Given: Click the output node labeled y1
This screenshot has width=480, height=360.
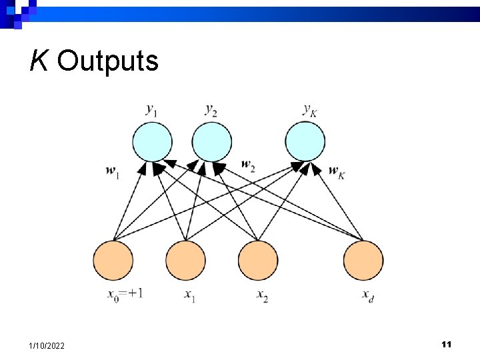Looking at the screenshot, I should tap(152, 142).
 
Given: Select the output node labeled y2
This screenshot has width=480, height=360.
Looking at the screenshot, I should tap(212, 142).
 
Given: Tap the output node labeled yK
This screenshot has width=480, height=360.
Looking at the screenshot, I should tap(305, 142).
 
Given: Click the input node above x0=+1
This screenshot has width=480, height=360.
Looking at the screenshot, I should tap(113, 261).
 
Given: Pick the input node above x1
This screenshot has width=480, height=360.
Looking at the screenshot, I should tap(185, 261).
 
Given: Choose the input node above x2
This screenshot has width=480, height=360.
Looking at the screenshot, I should tap(257, 261).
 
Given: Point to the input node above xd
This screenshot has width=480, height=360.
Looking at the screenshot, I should tap(363, 261).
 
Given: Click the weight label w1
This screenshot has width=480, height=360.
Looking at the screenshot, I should tap(113, 171).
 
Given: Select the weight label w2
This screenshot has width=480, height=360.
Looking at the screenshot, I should tap(248, 164).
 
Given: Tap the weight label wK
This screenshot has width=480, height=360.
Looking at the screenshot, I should tap(337, 171).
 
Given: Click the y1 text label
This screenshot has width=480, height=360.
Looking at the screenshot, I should tap(152, 109).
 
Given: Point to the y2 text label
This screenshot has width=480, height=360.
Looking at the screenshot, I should tap(211, 109).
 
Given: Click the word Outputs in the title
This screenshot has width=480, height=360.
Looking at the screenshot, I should tap(108, 61).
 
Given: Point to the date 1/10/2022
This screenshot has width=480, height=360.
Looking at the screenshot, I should tap(47, 345).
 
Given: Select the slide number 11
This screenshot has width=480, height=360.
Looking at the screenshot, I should tap(447, 344).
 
